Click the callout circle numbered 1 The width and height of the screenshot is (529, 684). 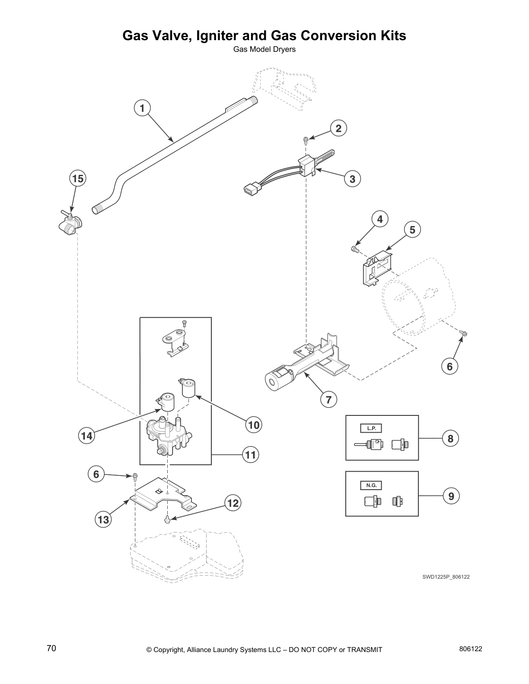click(x=142, y=108)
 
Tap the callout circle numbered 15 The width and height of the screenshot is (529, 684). click(x=78, y=178)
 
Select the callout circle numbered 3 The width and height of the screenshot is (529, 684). click(x=352, y=179)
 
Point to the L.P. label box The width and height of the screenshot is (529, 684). click(x=371, y=428)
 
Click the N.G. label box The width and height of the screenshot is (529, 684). click(x=371, y=485)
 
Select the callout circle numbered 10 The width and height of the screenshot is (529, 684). click(x=254, y=425)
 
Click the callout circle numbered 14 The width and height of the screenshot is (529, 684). click(x=86, y=436)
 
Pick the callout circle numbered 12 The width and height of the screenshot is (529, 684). click(x=233, y=503)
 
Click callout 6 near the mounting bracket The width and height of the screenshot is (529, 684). click(x=96, y=475)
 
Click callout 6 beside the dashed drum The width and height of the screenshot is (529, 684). click(x=449, y=367)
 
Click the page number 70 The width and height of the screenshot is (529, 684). click(x=51, y=649)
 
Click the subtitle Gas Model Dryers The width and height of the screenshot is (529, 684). click(x=264, y=49)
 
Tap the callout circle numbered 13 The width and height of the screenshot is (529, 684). click(x=103, y=520)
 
